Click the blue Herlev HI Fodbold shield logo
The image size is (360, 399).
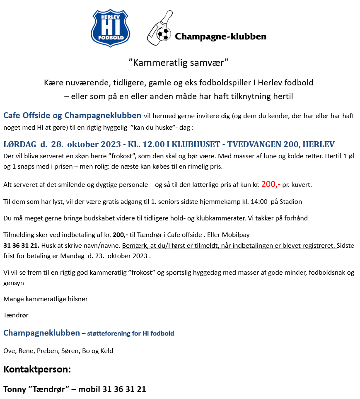111,28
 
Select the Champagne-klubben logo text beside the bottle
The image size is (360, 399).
220,36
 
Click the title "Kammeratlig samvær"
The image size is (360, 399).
179,63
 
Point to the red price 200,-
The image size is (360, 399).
271,184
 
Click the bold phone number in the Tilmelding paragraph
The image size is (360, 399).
21,245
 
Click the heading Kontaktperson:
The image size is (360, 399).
37,369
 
